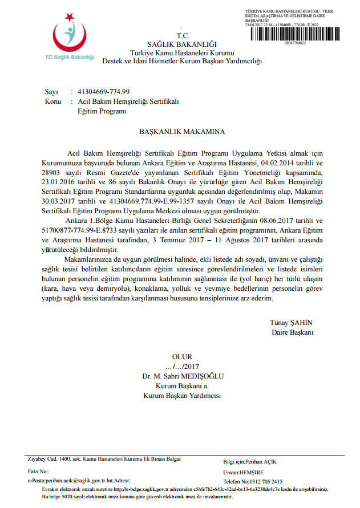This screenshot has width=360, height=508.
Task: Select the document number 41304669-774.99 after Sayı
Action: pos(104,92)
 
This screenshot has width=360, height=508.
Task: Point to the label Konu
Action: pos(53,101)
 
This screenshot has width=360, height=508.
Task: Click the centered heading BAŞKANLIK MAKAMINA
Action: pos(182,132)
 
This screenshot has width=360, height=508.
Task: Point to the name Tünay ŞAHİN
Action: pos(292,322)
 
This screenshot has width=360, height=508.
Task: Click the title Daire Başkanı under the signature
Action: pos(293,332)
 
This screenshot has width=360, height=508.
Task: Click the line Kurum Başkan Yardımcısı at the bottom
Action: pos(181,395)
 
